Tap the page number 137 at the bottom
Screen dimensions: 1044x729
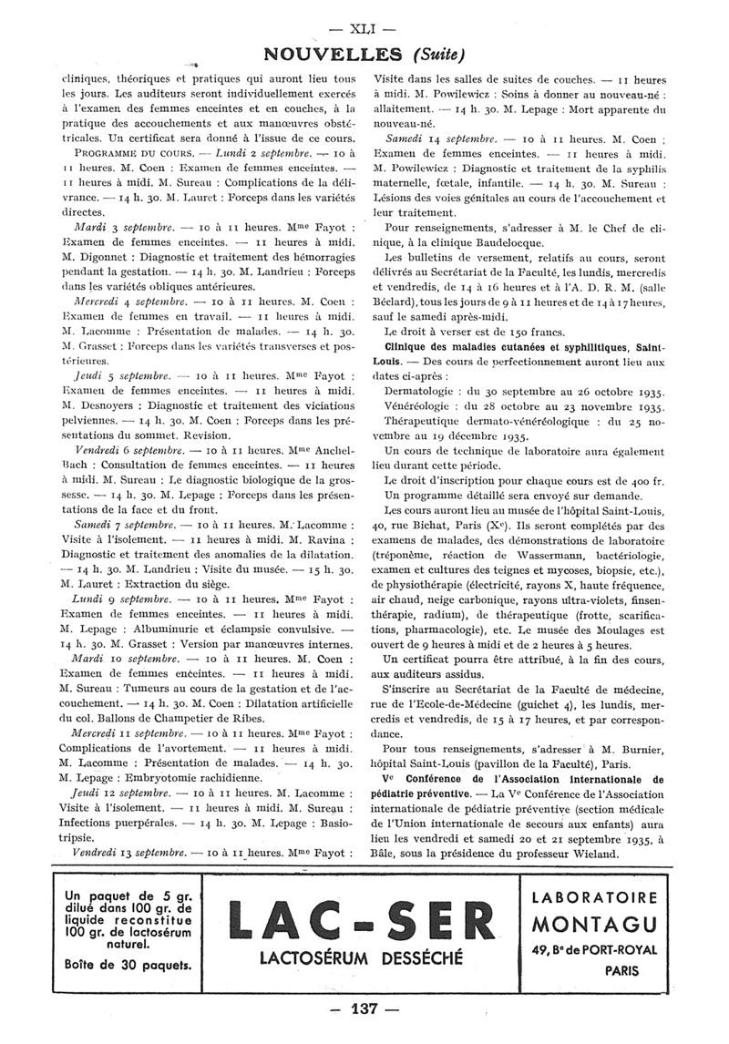[364, 1009]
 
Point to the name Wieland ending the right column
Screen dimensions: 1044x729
[591, 854]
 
